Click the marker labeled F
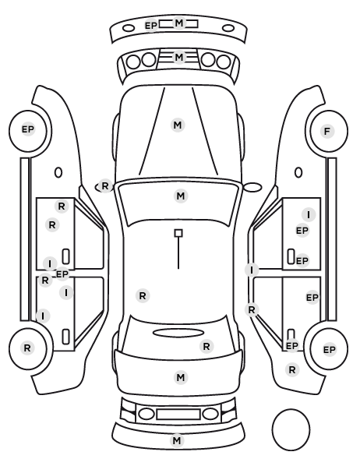(x=327, y=131)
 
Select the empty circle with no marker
(x=291, y=429)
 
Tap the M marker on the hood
(x=178, y=125)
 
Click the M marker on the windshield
(x=181, y=196)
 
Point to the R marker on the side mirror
(x=105, y=186)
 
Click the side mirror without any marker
(x=252, y=187)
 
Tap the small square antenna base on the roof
(x=178, y=233)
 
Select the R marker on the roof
(x=143, y=296)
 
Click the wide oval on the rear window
(x=178, y=333)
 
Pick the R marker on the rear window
(x=206, y=346)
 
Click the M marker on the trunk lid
(x=181, y=378)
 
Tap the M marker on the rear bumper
(x=177, y=440)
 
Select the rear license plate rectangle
(x=178, y=414)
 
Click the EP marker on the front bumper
(x=150, y=26)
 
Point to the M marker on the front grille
(x=178, y=57)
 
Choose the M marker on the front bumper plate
(x=178, y=23)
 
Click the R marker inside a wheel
(x=27, y=348)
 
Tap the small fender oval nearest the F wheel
(x=298, y=173)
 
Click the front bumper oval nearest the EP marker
(x=129, y=29)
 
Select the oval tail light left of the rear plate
(x=146, y=414)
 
